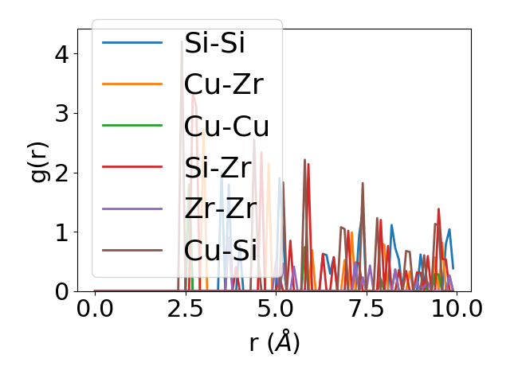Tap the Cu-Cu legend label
coord(226,126)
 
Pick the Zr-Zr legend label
coord(220,209)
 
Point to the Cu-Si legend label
coord(220,251)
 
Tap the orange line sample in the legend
coord(132,84)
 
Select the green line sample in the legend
coord(132,126)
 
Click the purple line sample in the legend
coord(132,209)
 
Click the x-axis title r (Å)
coord(274,343)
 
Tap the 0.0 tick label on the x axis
coord(95,309)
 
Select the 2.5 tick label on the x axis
coord(185,309)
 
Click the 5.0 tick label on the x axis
coord(276,309)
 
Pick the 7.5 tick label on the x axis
coord(366,309)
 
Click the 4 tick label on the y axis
coord(62,54)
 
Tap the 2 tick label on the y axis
coord(62,173)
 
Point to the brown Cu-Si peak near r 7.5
coord(363,184)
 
